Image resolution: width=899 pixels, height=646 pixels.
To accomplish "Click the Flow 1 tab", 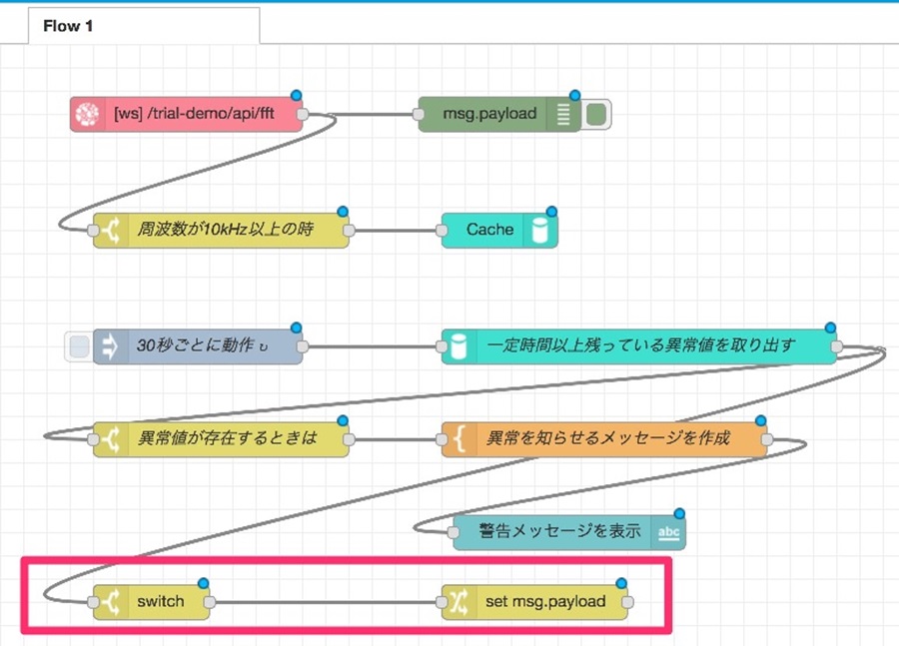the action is tap(143, 26).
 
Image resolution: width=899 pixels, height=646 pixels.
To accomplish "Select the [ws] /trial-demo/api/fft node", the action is tap(187, 114).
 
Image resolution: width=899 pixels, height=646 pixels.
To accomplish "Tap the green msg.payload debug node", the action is tap(499, 114).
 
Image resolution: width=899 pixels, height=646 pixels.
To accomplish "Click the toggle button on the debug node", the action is tap(596, 114).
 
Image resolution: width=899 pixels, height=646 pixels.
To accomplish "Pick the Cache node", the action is tap(499, 231).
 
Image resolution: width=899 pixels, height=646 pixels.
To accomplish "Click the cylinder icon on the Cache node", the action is tap(540, 231).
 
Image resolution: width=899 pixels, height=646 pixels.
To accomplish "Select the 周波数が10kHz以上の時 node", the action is tap(221, 231).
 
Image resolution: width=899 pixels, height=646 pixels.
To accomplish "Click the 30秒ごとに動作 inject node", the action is tap(198, 346).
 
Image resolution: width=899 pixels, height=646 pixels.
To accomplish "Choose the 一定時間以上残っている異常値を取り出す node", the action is tap(638, 346).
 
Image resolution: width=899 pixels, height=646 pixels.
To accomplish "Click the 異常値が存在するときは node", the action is tap(221, 439).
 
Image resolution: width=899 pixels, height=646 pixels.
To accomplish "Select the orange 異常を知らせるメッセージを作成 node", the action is tap(604, 439).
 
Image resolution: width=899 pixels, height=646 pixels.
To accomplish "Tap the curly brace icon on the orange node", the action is tap(458, 439).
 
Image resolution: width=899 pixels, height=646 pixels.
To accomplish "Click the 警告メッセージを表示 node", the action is tap(568, 532).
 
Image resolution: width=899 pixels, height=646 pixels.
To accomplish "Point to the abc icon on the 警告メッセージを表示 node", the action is tap(668, 532).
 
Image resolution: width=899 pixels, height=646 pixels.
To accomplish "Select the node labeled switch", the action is tap(152, 602).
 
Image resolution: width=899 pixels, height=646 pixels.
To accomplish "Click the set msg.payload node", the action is tap(534, 602).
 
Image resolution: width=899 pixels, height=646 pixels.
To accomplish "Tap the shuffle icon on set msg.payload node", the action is tap(458, 602).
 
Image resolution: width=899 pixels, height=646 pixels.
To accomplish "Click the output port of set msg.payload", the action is tap(628, 602).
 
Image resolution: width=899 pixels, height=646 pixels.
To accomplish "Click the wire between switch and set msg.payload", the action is tap(325, 602).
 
